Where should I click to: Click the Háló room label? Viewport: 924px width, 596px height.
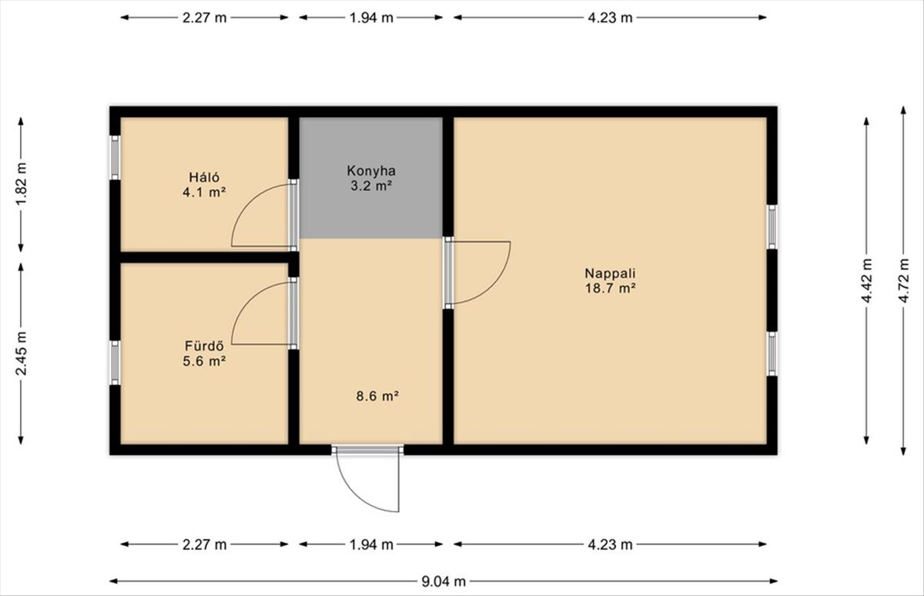click(204, 177)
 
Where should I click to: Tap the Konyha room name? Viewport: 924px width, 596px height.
click(371, 171)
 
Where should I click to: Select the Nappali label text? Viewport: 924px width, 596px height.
click(610, 273)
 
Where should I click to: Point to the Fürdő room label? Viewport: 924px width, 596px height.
click(204, 346)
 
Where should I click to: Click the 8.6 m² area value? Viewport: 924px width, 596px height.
click(377, 397)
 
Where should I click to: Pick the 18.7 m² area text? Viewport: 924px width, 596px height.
click(610, 288)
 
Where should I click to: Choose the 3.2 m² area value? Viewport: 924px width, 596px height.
click(371, 186)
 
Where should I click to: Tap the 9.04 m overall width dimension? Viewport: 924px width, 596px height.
click(444, 581)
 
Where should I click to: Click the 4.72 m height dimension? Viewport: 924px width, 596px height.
click(903, 280)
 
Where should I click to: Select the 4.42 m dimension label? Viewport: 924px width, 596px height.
click(866, 280)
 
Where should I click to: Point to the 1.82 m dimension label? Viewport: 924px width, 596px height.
click(21, 183)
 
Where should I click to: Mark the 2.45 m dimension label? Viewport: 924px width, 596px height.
click(21, 353)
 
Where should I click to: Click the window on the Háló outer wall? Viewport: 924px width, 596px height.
click(115, 158)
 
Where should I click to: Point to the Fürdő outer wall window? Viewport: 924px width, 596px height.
click(115, 363)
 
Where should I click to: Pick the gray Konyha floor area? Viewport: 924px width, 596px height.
click(371, 178)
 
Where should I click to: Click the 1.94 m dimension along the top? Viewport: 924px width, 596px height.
click(371, 18)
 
